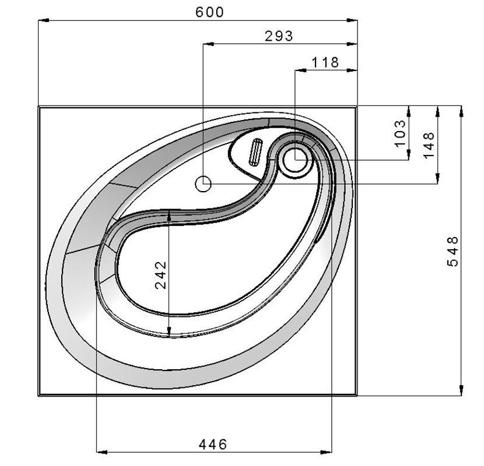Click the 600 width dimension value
(x=209, y=12)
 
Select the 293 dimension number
(x=279, y=36)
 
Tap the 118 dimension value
(x=325, y=62)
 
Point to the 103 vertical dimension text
(x=401, y=133)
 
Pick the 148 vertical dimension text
(x=429, y=145)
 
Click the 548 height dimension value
(x=453, y=252)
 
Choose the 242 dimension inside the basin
(x=160, y=275)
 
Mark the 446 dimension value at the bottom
(x=213, y=444)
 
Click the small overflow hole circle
(x=204, y=184)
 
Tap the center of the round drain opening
(x=296, y=160)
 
